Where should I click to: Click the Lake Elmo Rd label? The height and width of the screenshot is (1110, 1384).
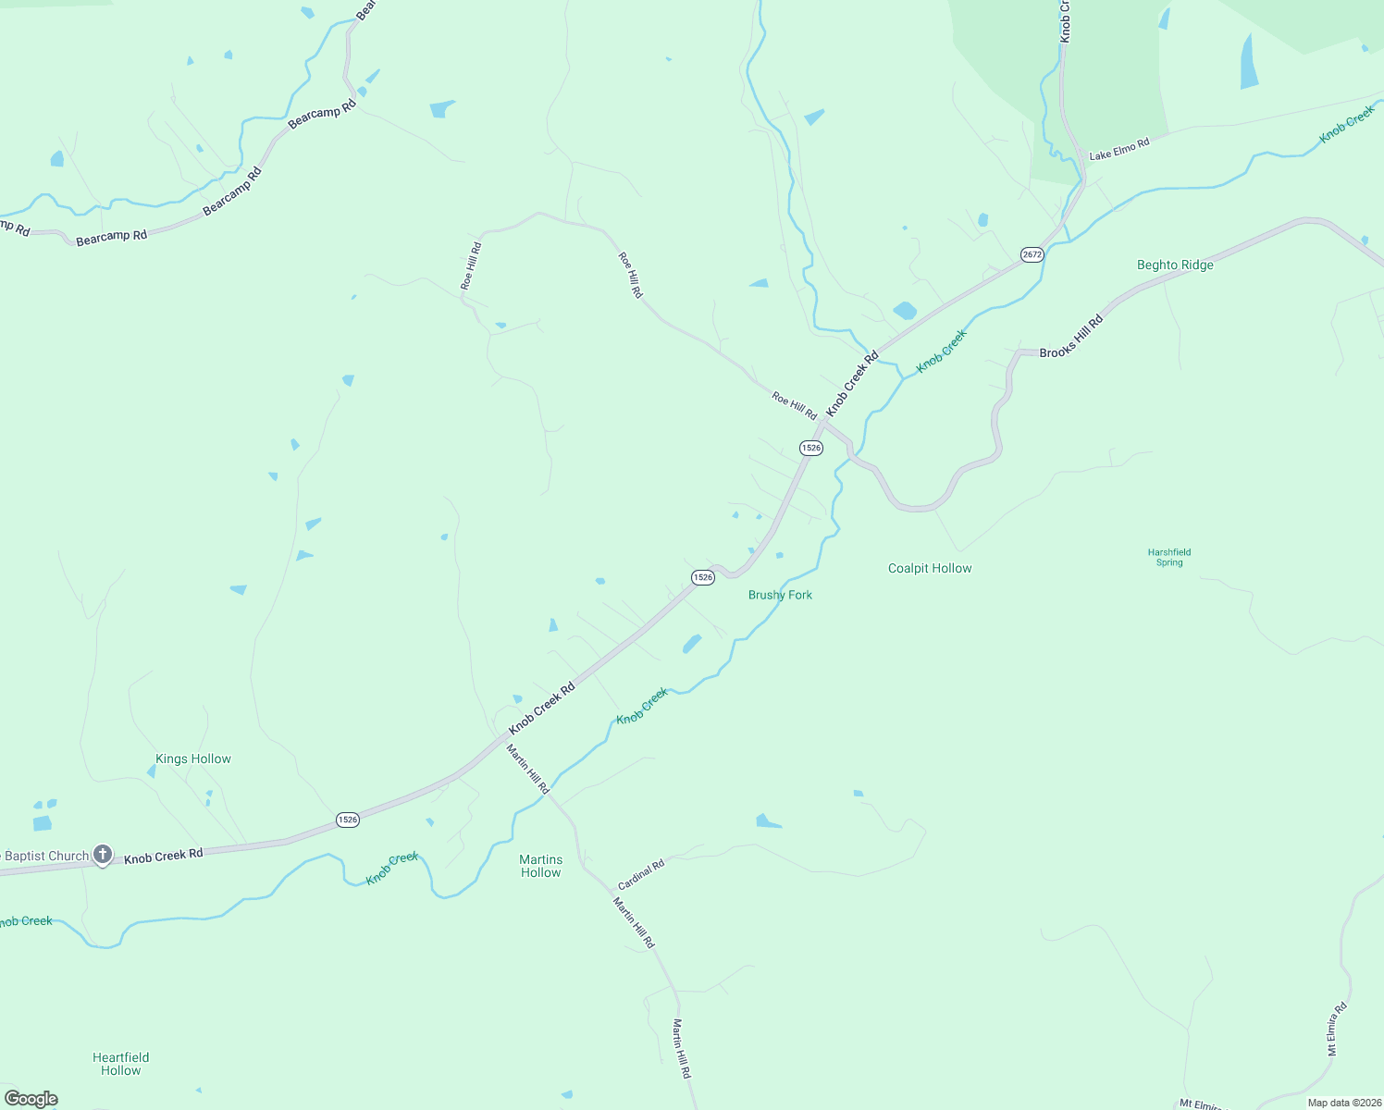click(1118, 149)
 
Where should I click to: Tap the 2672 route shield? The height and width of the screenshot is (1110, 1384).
click(1032, 254)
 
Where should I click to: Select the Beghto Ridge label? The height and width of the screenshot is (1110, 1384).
click(1175, 265)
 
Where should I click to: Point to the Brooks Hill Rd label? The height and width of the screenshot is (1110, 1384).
click(1071, 338)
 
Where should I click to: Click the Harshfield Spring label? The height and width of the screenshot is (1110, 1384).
click(1169, 557)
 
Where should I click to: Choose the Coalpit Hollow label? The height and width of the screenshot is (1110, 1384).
click(930, 568)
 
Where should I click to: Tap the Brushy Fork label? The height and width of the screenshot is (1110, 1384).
click(780, 595)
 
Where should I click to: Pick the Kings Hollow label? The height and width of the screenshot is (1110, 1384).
click(193, 758)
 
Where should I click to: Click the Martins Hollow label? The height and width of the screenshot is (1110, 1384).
click(541, 866)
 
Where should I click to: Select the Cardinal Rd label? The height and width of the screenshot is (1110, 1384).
click(641, 873)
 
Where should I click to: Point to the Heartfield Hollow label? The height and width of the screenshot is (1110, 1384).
click(121, 1064)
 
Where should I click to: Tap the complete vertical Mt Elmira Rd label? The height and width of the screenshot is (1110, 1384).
click(1339, 1030)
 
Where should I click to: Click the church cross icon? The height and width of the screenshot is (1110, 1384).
click(103, 854)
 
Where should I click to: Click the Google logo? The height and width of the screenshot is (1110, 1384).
click(31, 1099)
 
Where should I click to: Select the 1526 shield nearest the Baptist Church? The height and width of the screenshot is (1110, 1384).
click(347, 820)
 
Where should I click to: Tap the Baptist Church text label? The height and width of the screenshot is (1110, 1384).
click(46, 856)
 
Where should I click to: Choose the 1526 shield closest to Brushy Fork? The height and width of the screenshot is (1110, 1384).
click(703, 577)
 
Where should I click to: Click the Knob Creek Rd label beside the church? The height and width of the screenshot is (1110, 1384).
click(164, 856)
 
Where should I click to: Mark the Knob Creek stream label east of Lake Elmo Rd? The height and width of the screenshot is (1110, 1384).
click(1347, 125)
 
